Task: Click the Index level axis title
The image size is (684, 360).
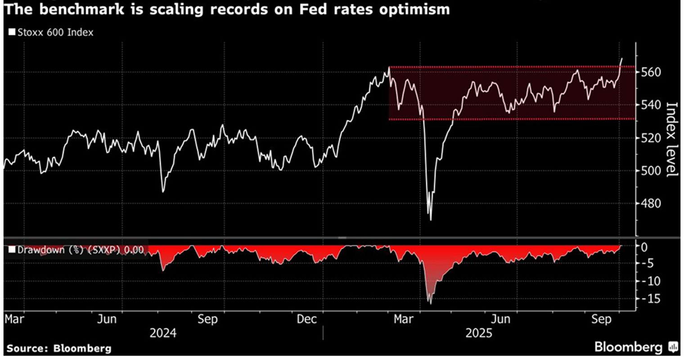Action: pyautogui.click(x=671, y=139)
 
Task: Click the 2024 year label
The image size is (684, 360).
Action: pyautogui.click(x=163, y=333)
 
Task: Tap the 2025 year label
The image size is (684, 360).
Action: pyautogui.click(x=479, y=333)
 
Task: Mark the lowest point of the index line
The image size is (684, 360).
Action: pyautogui.click(x=431, y=220)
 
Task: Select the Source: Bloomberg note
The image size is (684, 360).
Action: pyautogui.click(x=59, y=348)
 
